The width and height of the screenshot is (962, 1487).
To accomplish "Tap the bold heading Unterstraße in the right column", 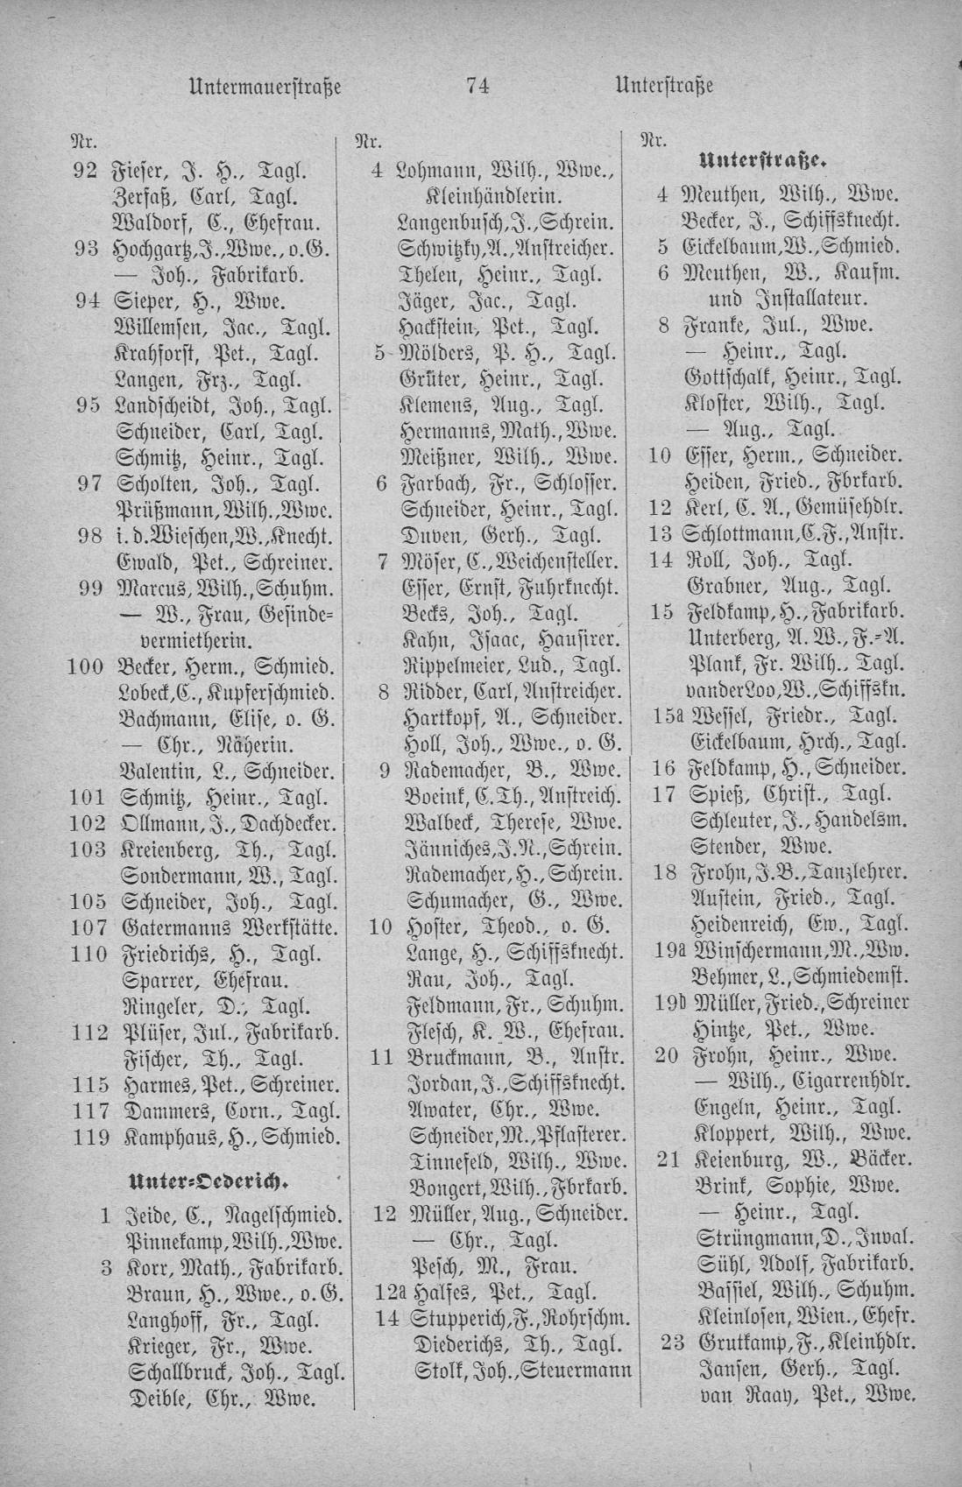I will pyautogui.click(x=763, y=161).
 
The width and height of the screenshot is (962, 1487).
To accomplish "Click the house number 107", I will pyautogui.click(x=88, y=927).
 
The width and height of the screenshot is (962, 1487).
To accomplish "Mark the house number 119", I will pyautogui.click(x=88, y=1137).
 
